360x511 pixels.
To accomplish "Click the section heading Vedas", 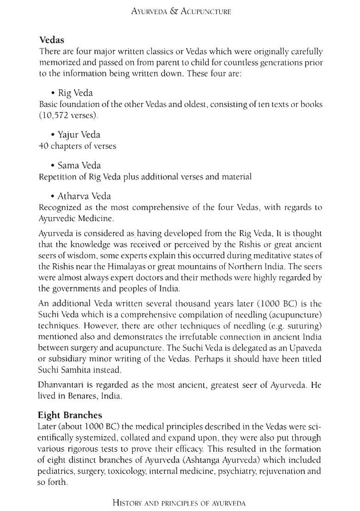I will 51,40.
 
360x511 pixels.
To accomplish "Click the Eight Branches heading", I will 71,415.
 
